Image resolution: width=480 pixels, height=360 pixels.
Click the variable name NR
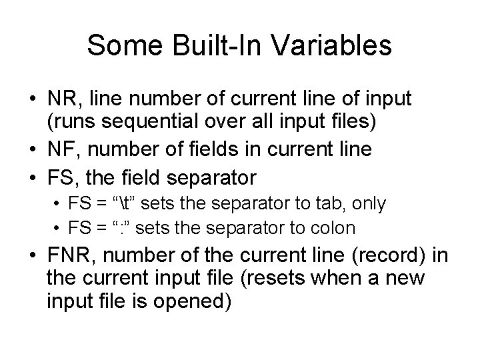[x=61, y=99]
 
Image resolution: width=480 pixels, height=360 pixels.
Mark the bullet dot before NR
[x=32, y=99]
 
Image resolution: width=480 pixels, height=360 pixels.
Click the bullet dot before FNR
[x=32, y=257]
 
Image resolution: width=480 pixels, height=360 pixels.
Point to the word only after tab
[x=371, y=203]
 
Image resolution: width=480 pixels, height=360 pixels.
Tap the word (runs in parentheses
[x=67, y=123]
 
